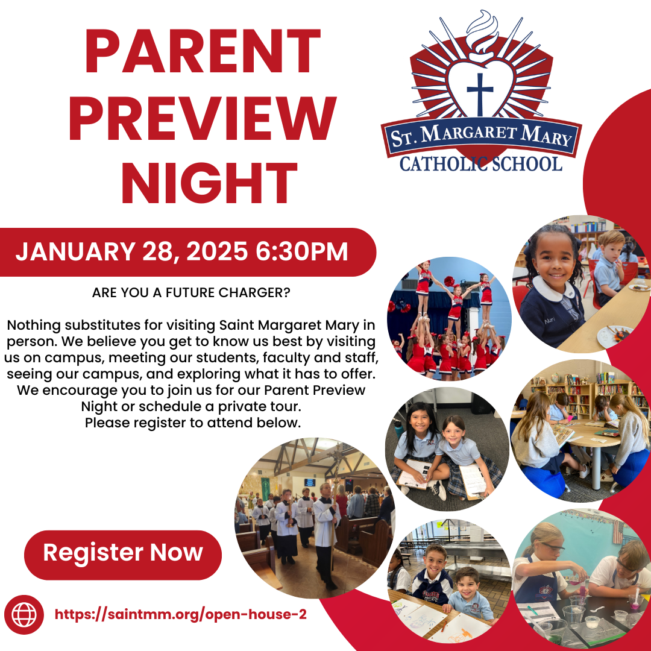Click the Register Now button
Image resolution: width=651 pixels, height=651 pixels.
pos(123,555)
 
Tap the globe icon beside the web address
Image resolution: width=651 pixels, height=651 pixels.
pos(24,614)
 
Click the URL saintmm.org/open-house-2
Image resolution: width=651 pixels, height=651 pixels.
pos(181,614)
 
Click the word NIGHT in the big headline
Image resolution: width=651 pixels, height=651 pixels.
pos(209,182)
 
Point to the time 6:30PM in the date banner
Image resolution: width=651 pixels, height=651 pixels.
pos(302,251)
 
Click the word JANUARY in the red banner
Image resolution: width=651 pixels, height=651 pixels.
pos(75,251)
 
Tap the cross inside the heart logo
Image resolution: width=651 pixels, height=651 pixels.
pos(480,94)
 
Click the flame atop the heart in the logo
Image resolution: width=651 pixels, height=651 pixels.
pos(482,33)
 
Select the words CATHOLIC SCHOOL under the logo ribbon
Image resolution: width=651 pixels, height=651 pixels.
pos(481,164)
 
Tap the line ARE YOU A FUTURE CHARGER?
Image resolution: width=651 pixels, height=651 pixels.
pos(191,292)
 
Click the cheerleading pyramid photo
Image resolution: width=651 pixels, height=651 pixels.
pos(449,319)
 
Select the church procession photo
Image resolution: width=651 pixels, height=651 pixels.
pos(315,518)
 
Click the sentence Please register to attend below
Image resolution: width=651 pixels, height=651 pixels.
pos(193,423)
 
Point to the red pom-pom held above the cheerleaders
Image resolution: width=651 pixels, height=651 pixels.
pos(449,281)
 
